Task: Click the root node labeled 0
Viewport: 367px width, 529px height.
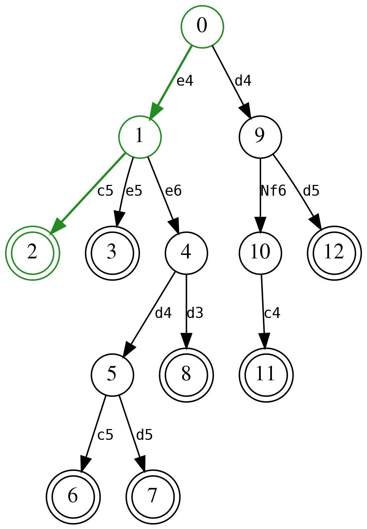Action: [x=202, y=26]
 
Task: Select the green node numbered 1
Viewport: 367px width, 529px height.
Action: [x=140, y=137]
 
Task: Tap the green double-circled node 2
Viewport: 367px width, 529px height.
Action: [x=32, y=252]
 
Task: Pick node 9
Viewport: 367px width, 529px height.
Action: [x=260, y=137]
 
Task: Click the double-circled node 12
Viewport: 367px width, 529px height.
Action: [x=334, y=252]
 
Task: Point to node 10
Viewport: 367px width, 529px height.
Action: [x=260, y=252]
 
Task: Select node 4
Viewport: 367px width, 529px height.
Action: [x=186, y=252]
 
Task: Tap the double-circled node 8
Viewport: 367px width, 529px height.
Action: [x=186, y=375]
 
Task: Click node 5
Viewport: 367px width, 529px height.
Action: [x=112, y=375]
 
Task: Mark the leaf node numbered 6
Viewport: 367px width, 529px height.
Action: [x=73, y=497]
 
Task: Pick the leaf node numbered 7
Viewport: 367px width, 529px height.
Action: [x=153, y=497]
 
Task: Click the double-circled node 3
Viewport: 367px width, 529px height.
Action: [x=112, y=252]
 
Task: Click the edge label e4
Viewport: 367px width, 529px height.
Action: [x=185, y=81]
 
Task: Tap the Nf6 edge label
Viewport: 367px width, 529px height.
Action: [x=273, y=191]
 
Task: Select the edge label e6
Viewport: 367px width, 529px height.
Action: [x=173, y=191]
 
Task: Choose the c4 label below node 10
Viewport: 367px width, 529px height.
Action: [x=272, y=313]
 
